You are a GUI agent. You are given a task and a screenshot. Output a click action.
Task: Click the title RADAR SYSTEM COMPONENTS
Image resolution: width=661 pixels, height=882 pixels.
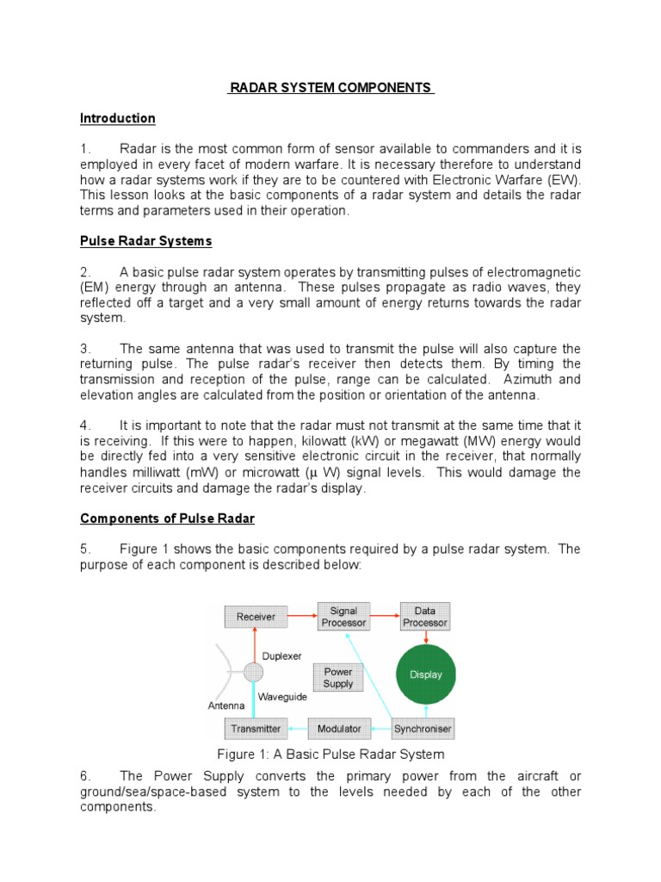point(330,88)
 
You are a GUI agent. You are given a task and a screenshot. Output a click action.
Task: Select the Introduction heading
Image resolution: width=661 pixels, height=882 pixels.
point(118,118)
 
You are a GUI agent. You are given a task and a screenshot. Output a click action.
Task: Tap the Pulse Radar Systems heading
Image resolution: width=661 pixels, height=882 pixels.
point(145,240)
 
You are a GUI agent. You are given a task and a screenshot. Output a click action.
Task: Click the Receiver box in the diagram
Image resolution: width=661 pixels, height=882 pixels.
point(256,617)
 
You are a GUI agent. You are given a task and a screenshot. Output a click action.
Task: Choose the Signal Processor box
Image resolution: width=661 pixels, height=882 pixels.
point(343,617)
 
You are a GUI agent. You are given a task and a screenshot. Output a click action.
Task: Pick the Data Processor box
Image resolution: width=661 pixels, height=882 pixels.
point(425,617)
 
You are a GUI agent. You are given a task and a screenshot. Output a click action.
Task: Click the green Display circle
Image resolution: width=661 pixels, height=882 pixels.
point(425,674)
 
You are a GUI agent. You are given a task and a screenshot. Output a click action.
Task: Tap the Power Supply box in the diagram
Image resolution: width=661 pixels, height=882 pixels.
point(338,677)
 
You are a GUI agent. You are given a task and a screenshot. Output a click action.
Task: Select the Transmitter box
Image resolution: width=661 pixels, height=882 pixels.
point(256,729)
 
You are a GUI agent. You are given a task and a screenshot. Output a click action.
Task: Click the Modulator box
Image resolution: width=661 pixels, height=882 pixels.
point(339,729)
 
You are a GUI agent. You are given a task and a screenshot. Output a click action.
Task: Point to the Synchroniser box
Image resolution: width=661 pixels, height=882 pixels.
point(423,729)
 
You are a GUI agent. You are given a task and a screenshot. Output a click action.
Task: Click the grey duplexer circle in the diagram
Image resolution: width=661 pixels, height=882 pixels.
point(253,673)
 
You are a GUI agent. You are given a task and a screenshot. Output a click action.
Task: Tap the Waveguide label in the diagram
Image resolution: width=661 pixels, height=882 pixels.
point(281,697)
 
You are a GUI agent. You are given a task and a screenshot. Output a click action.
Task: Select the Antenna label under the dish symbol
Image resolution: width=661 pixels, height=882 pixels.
point(226,705)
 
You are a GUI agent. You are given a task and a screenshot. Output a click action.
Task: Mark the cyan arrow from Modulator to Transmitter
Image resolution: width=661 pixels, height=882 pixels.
point(297,729)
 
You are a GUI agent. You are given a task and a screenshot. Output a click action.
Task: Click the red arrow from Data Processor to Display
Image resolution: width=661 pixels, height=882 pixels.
point(425,637)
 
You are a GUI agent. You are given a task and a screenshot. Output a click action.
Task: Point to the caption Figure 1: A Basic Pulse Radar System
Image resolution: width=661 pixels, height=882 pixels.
point(330,755)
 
